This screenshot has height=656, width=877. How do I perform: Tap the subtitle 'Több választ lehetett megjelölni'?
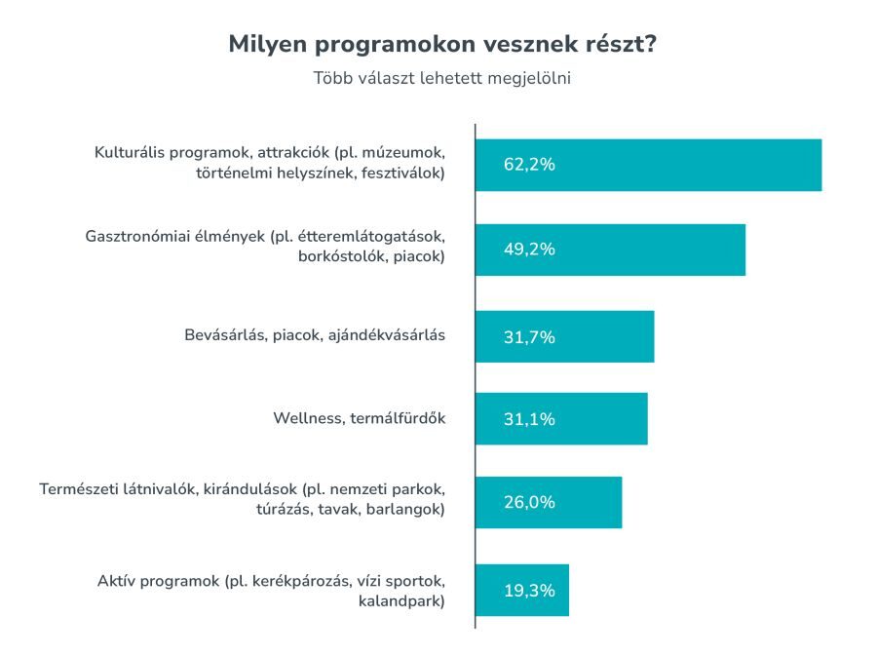[441, 79]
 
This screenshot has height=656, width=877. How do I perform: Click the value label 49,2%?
[529, 250]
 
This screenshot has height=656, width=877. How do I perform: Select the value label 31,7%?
[529, 337]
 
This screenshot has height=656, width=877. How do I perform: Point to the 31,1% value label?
[529, 419]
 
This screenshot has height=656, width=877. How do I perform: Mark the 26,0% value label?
[529, 502]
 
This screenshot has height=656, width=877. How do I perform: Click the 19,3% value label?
[529, 590]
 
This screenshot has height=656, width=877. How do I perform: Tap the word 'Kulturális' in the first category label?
[130, 153]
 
